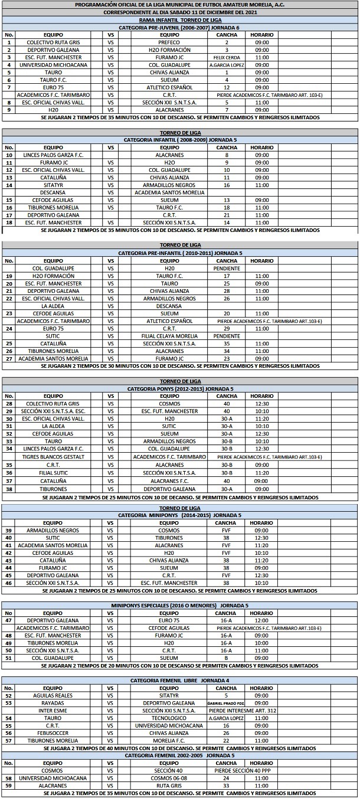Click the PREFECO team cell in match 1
click(169, 42)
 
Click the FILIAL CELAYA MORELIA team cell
click(169, 336)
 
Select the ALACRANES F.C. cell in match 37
click(169, 480)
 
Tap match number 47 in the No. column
click(9, 620)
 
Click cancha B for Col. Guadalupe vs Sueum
click(227, 658)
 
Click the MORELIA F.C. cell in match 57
click(169, 740)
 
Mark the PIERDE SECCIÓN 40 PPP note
click(243, 770)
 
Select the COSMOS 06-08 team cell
click(169, 778)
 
